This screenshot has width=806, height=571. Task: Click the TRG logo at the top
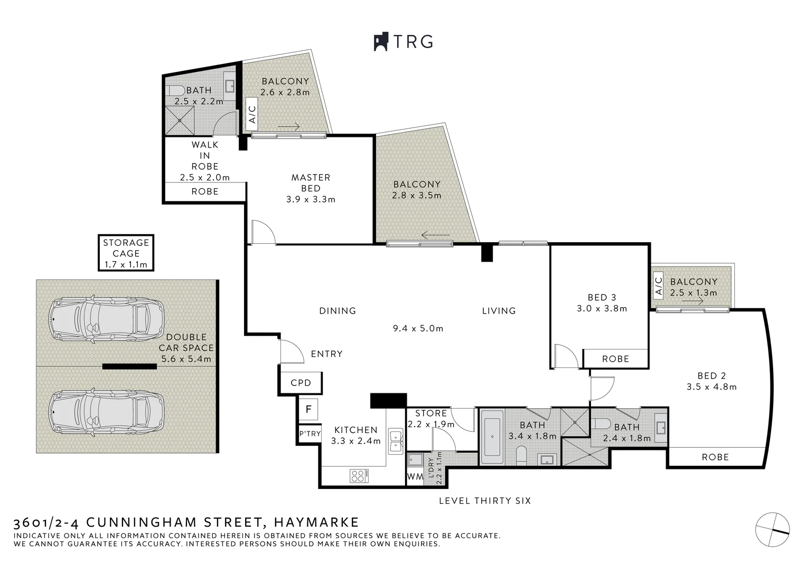point(404,41)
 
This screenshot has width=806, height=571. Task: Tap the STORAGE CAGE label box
point(126,253)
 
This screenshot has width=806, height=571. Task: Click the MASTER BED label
point(311,182)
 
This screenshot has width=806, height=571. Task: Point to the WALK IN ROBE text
point(205,155)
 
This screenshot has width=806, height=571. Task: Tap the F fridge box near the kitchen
point(308,409)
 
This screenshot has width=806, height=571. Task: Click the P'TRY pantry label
point(310,434)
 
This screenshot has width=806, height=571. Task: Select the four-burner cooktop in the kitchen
point(359,475)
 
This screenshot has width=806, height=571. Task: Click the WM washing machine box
point(415,476)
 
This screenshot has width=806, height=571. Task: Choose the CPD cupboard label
point(301,382)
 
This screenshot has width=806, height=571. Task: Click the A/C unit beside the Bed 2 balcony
point(658,286)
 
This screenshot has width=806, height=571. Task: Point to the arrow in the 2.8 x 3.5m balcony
point(436,235)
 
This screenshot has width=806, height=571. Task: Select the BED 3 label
point(602,298)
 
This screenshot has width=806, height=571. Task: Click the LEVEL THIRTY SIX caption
point(485,501)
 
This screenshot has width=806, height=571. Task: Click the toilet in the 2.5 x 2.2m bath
point(176,90)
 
